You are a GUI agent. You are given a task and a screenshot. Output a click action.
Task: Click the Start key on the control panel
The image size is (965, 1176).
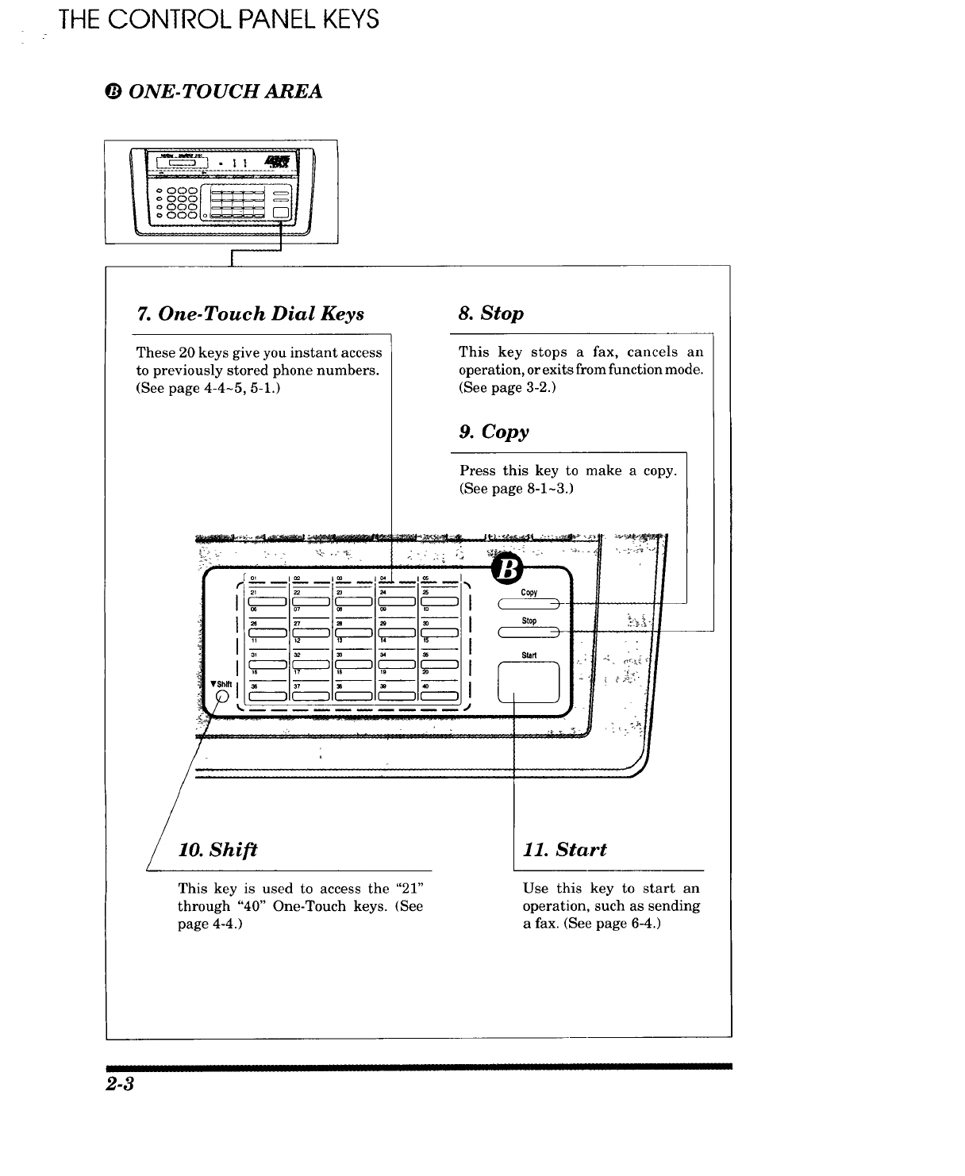click(529, 682)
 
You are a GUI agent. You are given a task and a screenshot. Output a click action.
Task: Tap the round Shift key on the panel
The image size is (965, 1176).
click(223, 698)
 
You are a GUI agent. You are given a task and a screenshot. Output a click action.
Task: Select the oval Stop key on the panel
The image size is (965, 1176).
click(529, 632)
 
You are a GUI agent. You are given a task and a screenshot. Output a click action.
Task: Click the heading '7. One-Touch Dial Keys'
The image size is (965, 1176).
click(251, 314)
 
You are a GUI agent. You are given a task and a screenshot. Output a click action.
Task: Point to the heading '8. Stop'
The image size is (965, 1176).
click(491, 313)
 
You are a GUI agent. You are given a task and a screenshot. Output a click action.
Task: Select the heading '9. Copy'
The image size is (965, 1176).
click(494, 432)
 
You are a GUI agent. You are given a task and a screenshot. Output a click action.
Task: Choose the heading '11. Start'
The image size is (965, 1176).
click(564, 850)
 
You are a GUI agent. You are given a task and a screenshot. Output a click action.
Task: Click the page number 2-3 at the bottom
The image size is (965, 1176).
click(120, 1086)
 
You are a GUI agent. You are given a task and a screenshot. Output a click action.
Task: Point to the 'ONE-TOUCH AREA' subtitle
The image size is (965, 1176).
click(225, 92)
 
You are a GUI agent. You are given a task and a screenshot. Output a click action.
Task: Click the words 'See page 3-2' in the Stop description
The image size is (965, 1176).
click(507, 389)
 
